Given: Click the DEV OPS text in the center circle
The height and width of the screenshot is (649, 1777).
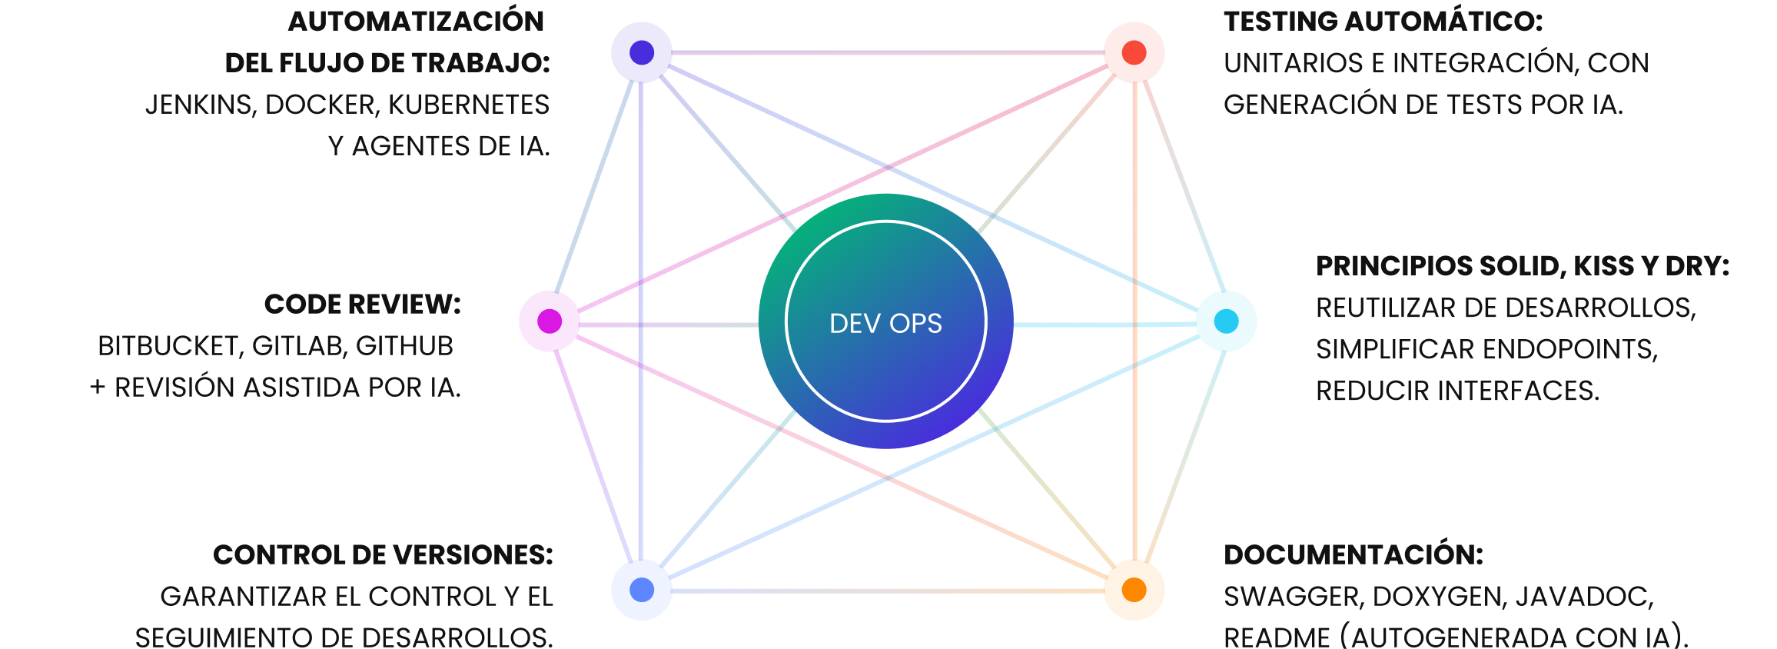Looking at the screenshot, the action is coord(885,324).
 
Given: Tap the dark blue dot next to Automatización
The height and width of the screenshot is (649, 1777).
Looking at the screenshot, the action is coord(642,52).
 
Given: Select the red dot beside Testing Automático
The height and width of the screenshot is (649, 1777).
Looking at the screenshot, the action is coord(1134,52).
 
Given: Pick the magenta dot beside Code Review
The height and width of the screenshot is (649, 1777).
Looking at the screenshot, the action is coord(550,321).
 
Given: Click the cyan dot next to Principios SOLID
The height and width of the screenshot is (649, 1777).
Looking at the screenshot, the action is coord(1227,321).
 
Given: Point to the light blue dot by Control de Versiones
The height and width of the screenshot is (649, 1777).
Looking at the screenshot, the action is coord(642,590).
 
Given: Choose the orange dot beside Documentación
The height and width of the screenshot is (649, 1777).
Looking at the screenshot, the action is coord(1134,590).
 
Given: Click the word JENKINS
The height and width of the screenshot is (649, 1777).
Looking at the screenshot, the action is coord(201,105).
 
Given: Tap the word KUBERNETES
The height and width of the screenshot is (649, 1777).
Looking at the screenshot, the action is coord(469,105).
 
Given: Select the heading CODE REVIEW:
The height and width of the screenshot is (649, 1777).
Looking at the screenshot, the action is coord(363,305).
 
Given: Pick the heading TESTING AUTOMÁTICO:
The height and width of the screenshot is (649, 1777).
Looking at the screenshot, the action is coord(1383,22).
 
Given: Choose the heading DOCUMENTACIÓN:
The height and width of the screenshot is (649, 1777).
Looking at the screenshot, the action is coord(1354,555).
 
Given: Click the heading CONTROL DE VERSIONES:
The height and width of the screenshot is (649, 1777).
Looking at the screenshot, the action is coord(383,555).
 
